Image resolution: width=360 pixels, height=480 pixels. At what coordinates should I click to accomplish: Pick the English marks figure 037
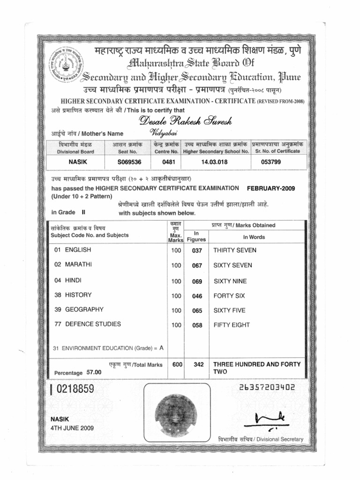pos(197,251)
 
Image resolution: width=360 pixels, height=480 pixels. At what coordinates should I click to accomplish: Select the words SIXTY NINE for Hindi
pos(230,281)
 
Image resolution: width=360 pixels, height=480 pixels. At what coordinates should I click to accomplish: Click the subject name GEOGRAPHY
pos(84,310)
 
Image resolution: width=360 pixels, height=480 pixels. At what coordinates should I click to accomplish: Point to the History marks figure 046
pos(197,296)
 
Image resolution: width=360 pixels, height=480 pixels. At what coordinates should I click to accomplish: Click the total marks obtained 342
pos(198,364)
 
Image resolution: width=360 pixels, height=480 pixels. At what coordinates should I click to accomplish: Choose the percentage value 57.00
pos(94,372)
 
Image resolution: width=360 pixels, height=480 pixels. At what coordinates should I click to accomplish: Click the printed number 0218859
pos(75,389)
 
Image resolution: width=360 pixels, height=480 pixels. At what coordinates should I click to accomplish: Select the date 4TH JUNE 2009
pos(72,428)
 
